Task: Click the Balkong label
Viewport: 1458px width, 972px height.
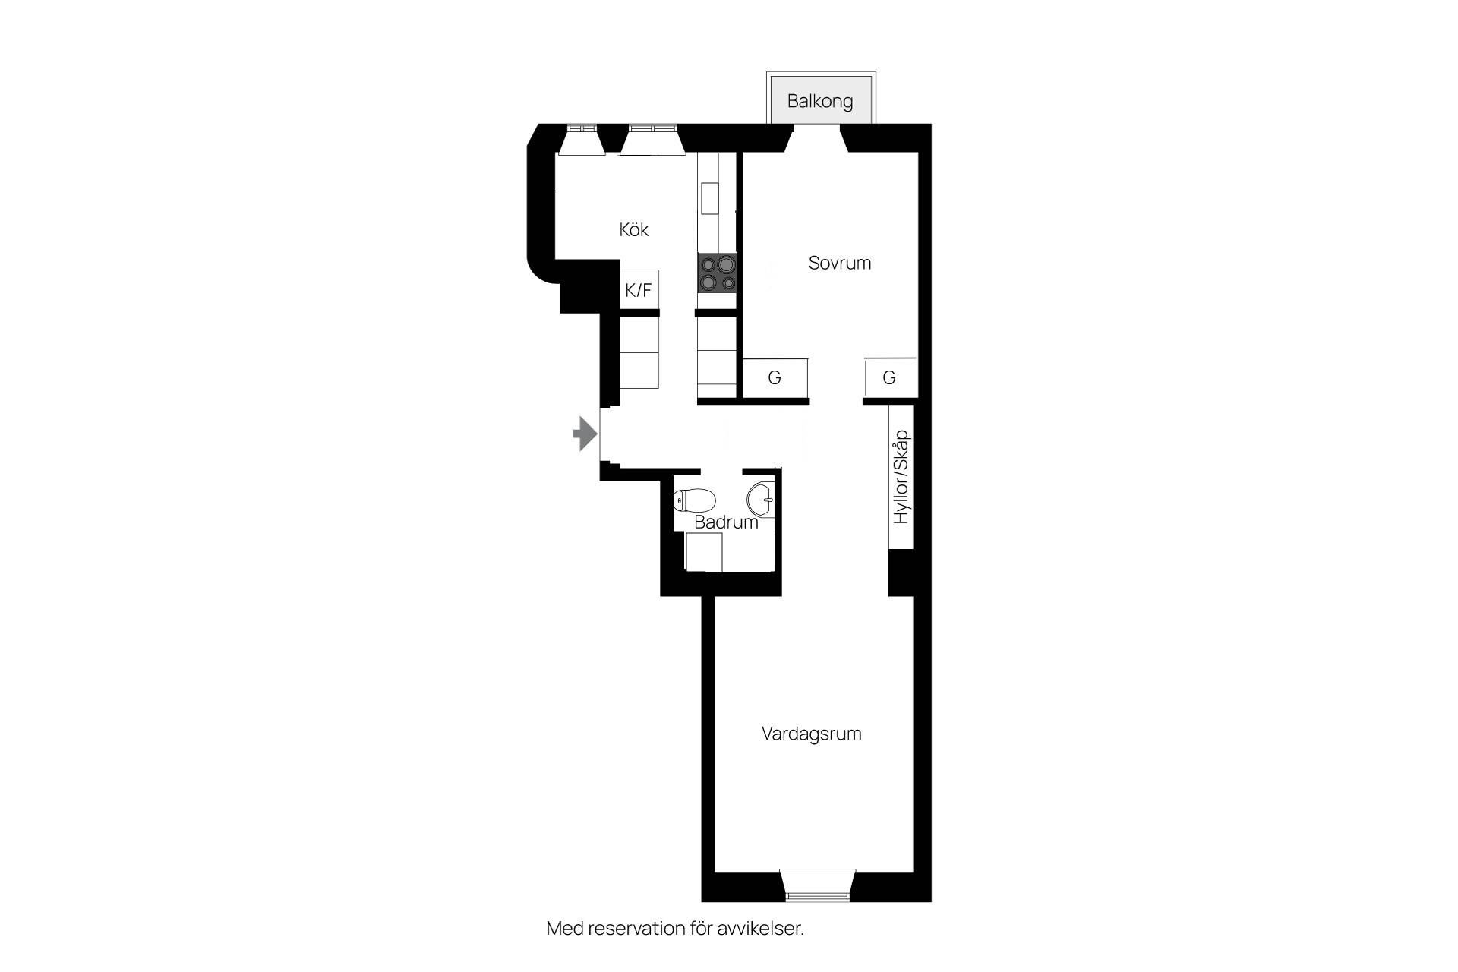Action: tap(819, 101)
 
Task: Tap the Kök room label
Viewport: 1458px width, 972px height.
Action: tap(634, 229)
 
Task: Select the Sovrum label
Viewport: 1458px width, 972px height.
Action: tap(839, 263)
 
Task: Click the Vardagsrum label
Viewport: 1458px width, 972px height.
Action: tap(811, 734)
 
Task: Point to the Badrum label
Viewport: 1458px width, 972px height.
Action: tap(726, 522)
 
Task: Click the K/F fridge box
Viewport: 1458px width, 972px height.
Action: tap(639, 289)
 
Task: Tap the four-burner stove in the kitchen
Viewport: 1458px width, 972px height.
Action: tap(718, 273)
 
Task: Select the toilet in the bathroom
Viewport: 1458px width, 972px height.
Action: tap(694, 500)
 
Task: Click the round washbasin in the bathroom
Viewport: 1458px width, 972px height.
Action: tap(761, 500)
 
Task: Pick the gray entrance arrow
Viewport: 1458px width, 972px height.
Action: tap(585, 434)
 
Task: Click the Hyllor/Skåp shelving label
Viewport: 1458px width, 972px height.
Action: tap(901, 477)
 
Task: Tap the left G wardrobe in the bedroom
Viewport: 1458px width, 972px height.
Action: tap(775, 377)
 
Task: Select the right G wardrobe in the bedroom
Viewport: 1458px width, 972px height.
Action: tap(889, 377)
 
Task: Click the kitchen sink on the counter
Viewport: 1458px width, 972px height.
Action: tap(709, 199)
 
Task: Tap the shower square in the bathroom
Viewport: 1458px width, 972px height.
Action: tap(703, 552)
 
